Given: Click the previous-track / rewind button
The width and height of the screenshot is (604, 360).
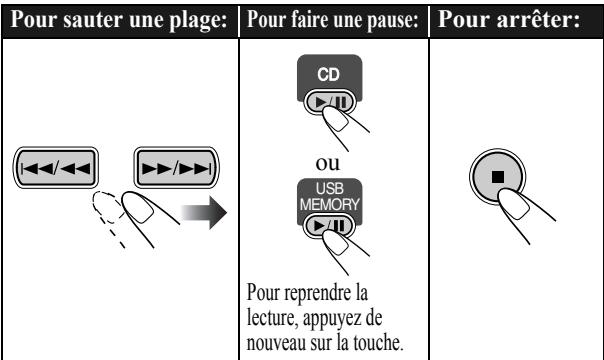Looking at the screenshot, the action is coord(55,167).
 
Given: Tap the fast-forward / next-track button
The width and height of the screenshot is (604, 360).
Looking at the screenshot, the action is coord(176,167).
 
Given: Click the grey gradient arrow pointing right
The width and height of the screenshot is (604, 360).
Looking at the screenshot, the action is coord(204,212).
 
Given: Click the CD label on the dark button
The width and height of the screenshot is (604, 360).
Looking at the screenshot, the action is coord(329,74).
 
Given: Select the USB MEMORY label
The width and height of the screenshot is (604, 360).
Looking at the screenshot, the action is coord(329,196).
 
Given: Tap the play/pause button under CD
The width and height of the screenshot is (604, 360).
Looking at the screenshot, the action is coord(330,102).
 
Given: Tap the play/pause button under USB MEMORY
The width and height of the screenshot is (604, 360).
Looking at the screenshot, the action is coord(329,226).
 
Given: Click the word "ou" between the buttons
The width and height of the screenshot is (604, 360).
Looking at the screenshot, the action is coord(327,163).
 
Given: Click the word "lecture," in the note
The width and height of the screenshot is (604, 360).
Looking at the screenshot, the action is coord(272,318).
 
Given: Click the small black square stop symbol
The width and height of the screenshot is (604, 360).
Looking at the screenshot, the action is coord(498,177).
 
